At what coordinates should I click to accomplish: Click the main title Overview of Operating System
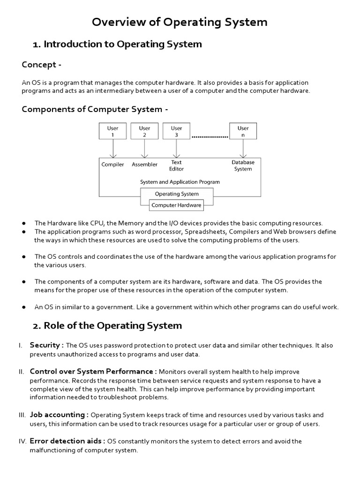tap(180, 22)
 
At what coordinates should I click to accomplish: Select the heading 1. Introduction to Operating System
tap(117, 45)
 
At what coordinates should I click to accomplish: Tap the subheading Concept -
tap(42, 65)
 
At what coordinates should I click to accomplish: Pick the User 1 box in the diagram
tap(112, 131)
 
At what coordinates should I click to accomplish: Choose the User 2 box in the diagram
tap(144, 131)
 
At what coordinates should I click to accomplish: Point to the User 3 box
tap(177, 131)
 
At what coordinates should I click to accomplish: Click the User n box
tap(243, 131)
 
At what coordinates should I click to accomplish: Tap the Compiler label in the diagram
tap(112, 165)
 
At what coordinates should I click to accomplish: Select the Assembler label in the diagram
tap(144, 165)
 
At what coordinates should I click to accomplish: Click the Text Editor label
tap(177, 165)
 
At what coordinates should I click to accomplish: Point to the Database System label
tap(243, 165)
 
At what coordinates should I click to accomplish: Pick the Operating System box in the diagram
tap(177, 194)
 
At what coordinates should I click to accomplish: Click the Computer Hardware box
tap(177, 205)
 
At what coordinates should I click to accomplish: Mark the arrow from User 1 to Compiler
tap(112, 149)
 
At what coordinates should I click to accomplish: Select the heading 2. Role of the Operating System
tap(107, 325)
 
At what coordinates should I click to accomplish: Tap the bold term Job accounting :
tap(59, 415)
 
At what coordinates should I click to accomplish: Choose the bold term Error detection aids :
tap(67, 441)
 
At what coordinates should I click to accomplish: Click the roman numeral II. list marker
tap(21, 372)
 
